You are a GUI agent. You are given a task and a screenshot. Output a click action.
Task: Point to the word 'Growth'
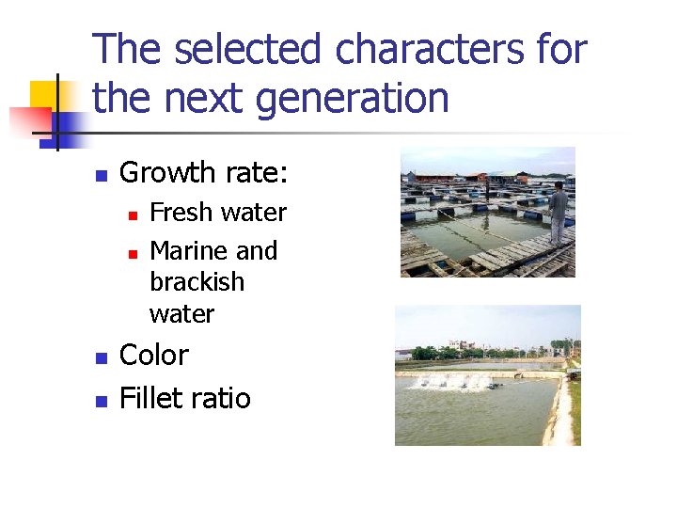(168, 173)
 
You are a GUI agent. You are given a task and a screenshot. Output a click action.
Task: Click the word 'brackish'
(197, 282)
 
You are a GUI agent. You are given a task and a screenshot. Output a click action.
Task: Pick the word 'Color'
(154, 356)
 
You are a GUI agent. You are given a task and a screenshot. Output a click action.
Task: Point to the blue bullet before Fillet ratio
(101, 401)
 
